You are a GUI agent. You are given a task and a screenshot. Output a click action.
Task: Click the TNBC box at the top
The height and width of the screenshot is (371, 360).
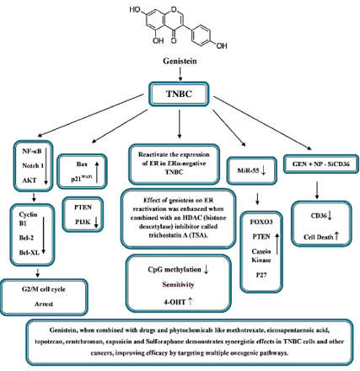[179, 94]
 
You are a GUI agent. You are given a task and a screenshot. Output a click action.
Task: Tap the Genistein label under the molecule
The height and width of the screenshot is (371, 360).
[179, 62]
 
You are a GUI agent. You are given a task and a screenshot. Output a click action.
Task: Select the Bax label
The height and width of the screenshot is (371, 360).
[82, 164]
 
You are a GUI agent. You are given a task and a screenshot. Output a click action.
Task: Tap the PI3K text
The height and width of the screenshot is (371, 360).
[82, 222]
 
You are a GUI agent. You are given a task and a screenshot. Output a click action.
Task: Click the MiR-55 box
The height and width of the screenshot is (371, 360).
[248, 171]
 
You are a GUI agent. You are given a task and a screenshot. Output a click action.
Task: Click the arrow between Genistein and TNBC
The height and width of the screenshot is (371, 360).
[179, 73]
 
